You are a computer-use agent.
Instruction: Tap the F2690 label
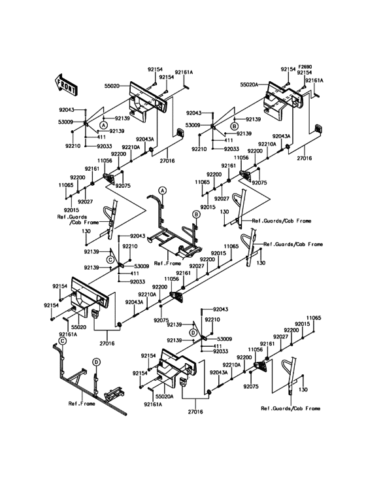305,67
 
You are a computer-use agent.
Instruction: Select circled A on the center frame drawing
163,190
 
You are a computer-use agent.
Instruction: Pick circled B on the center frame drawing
196,215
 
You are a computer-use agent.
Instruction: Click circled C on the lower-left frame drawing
62,341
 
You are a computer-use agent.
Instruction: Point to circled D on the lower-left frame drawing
96,363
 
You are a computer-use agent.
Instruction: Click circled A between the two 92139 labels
104,124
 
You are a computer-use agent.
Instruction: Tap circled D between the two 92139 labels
193,332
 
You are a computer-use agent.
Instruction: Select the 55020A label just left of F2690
249,85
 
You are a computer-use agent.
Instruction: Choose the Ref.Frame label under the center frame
167,263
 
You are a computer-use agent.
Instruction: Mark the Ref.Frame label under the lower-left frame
82,404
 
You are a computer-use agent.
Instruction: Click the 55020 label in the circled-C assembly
79,327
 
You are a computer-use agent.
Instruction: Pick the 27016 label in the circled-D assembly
195,412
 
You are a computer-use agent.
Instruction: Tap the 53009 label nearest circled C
142,266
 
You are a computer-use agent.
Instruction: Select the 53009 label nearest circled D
224,339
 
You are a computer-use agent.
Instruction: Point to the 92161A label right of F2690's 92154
314,80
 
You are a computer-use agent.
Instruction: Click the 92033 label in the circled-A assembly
105,146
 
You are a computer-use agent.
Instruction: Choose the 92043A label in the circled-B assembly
282,136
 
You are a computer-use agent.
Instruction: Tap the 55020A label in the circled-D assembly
165,397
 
